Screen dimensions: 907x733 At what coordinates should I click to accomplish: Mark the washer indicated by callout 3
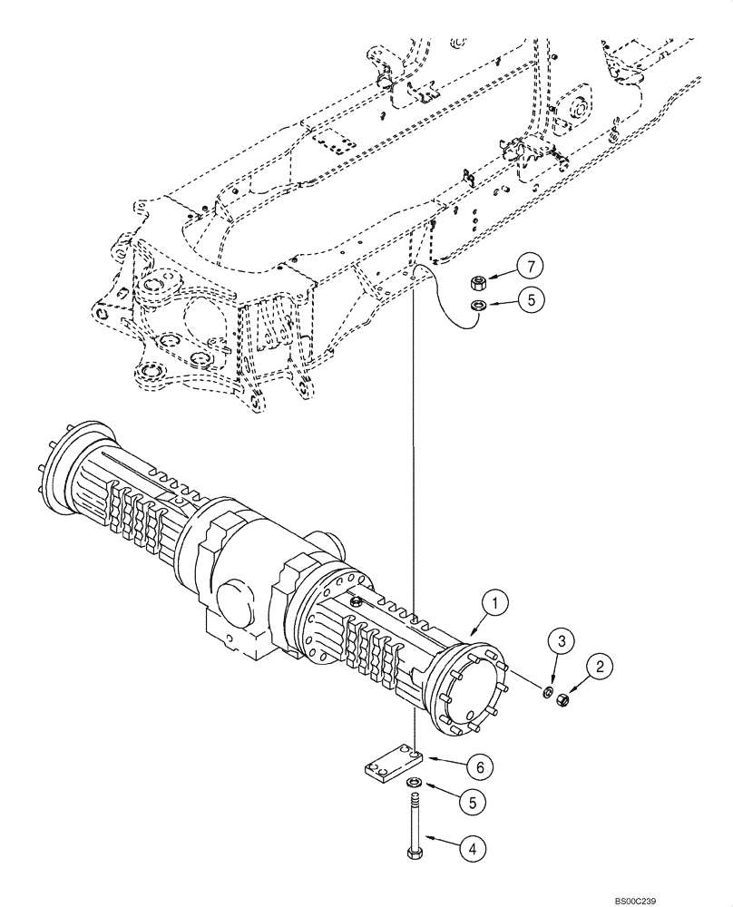[x=548, y=694]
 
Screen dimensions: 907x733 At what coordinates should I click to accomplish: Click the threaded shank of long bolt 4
[x=413, y=821]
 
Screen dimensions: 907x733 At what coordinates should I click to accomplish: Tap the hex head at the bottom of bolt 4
[x=413, y=853]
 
